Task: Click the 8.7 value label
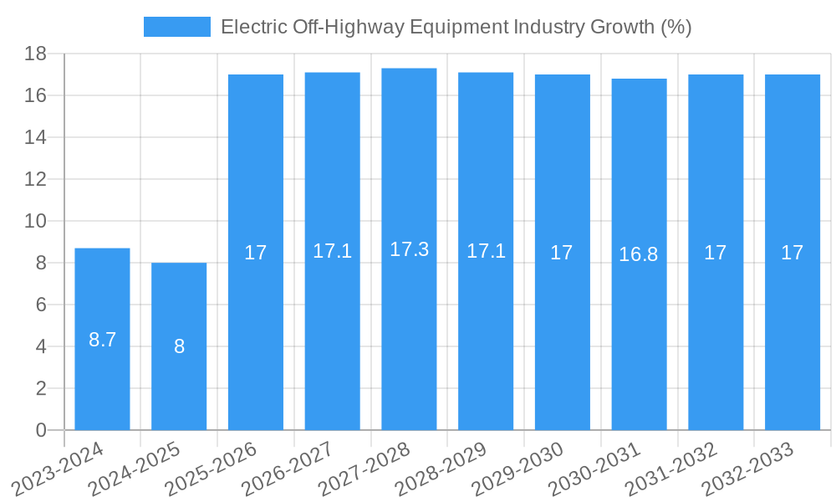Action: pos(102,340)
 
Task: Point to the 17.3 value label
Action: pos(409,249)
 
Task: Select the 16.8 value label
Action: pos(639,254)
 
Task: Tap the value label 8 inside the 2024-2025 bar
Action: pos(179,346)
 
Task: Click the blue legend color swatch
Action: pos(176,27)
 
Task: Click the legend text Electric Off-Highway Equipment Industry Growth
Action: pos(456,27)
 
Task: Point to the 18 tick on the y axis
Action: pos(35,54)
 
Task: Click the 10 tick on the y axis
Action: pos(35,222)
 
